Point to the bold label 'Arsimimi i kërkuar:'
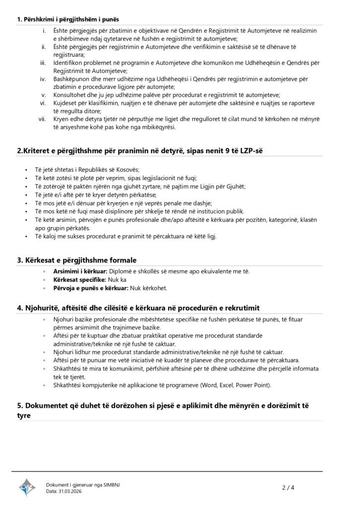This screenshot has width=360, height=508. [80, 272]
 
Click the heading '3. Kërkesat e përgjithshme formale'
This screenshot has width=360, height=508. [77, 260]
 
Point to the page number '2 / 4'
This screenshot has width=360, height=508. [288, 488]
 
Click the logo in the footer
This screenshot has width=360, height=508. [28, 488]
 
